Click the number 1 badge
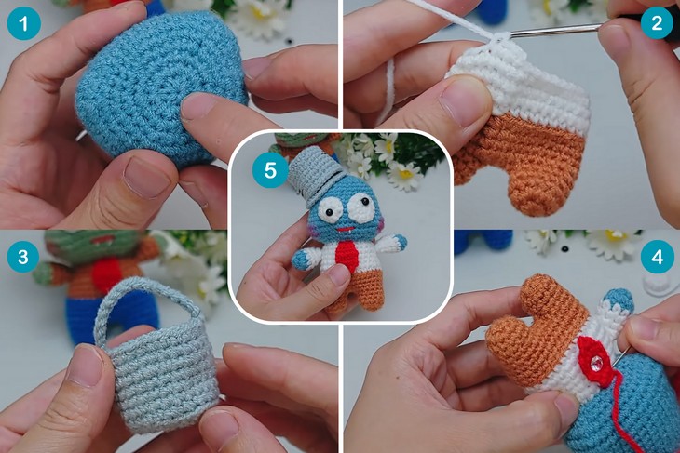24,23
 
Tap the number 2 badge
657,22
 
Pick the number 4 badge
658,257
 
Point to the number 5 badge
270,170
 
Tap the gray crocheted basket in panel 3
156,364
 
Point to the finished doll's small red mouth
346,229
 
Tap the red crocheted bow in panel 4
593,360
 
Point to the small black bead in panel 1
288,41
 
